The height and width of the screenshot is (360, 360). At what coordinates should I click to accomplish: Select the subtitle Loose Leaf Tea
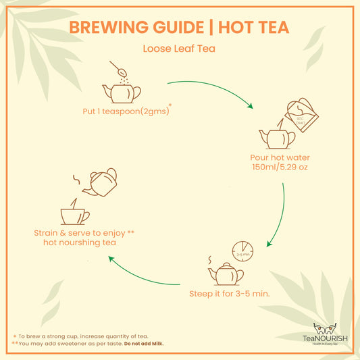tap(180, 49)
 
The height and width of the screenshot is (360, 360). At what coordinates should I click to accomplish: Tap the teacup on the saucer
tap(75, 215)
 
